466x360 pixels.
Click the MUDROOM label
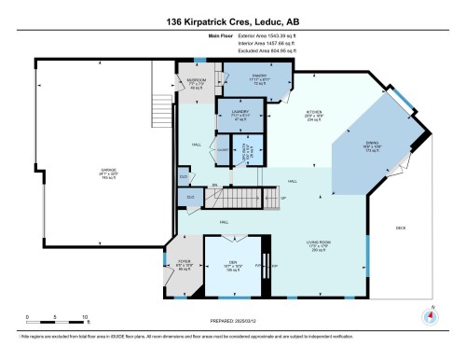click(197, 80)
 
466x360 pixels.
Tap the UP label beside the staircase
click(283, 198)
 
